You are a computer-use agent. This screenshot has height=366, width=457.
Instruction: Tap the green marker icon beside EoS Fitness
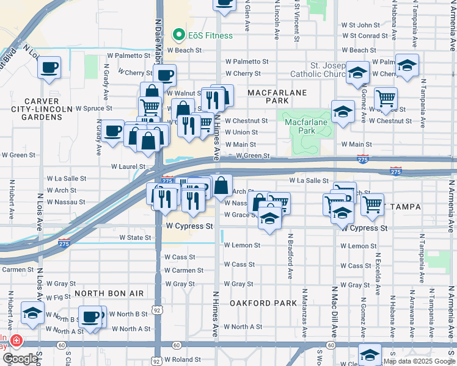(179, 35)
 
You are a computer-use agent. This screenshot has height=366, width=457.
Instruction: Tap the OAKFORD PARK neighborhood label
(263, 303)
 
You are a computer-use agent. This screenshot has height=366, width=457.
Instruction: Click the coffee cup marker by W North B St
(91, 317)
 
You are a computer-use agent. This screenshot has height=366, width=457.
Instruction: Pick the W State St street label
(135, 237)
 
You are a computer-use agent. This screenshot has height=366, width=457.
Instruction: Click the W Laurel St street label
(128, 166)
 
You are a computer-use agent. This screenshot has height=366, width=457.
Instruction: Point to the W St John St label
(360, 25)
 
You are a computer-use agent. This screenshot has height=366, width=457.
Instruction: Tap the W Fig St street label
(58, 298)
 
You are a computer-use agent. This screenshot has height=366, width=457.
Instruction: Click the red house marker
(16, 340)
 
